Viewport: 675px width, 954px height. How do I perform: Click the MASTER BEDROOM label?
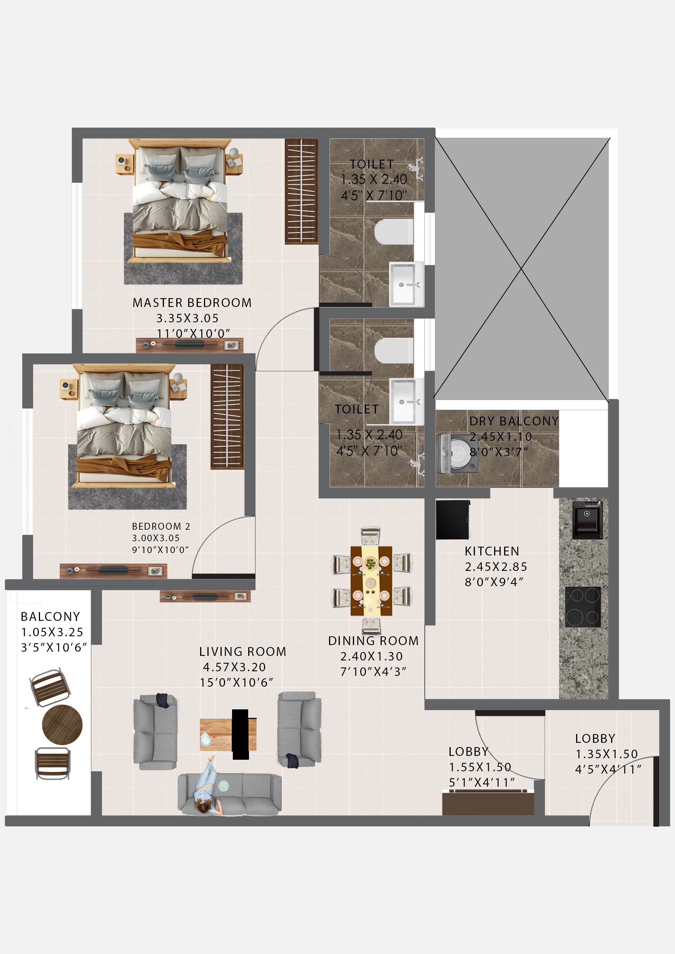pos(192,302)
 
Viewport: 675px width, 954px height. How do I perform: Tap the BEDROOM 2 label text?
pos(161,527)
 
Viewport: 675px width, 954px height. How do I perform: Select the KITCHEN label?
pos(492,551)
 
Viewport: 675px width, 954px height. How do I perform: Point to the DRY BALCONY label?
pos(514,421)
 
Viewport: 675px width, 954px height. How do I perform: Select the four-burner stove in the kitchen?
pos(583,607)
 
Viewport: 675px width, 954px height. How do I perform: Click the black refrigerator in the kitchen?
pos(453,520)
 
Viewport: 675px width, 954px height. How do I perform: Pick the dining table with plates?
pos(371,580)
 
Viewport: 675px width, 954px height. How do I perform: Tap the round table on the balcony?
pos(62,725)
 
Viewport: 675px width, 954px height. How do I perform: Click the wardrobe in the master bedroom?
pos(301,191)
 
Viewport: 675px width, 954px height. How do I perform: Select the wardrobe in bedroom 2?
pos(227,417)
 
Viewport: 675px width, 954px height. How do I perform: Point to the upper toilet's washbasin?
pos(406,284)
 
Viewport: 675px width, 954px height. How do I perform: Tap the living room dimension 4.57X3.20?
pos(234,667)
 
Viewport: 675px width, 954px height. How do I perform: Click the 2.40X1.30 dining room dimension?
pos(371,656)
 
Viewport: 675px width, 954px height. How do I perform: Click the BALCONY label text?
pos(50,617)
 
